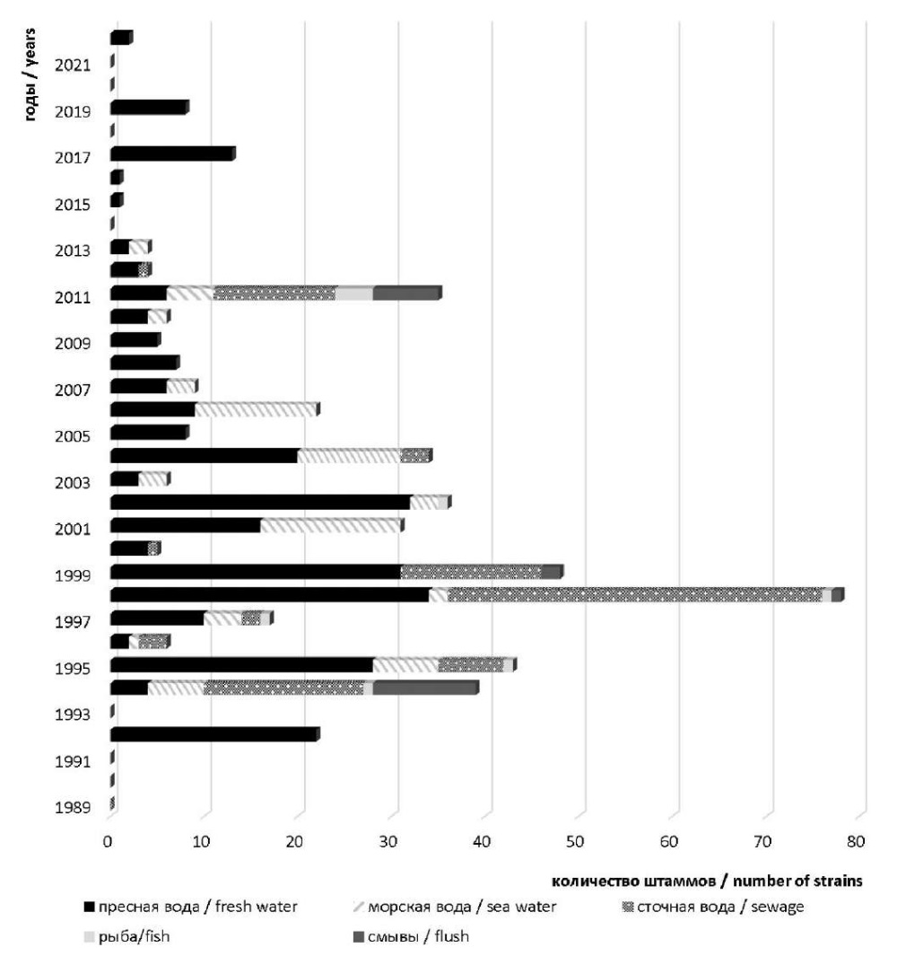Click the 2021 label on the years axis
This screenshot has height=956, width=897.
(x=73, y=66)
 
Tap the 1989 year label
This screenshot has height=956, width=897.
(x=73, y=808)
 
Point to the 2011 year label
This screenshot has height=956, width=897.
(x=73, y=297)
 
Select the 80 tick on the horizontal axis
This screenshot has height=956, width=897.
(x=856, y=842)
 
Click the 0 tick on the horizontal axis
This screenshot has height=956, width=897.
(x=108, y=842)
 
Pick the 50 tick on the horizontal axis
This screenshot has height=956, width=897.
(x=575, y=842)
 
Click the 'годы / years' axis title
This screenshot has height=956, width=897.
(x=30, y=75)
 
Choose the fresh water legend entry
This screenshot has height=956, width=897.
(x=191, y=907)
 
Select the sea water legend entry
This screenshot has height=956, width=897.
(x=455, y=907)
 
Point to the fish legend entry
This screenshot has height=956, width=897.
(x=126, y=936)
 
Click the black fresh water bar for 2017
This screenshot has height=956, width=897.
(x=172, y=154)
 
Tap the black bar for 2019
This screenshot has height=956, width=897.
(x=149, y=108)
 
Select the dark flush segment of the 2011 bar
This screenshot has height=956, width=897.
(x=407, y=294)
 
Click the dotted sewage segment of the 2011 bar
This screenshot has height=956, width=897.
(x=274, y=294)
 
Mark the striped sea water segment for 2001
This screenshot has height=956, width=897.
(x=332, y=525)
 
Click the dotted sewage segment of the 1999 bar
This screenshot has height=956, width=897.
(x=471, y=572)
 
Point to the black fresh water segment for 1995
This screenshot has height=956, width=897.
(x=242, y=665)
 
